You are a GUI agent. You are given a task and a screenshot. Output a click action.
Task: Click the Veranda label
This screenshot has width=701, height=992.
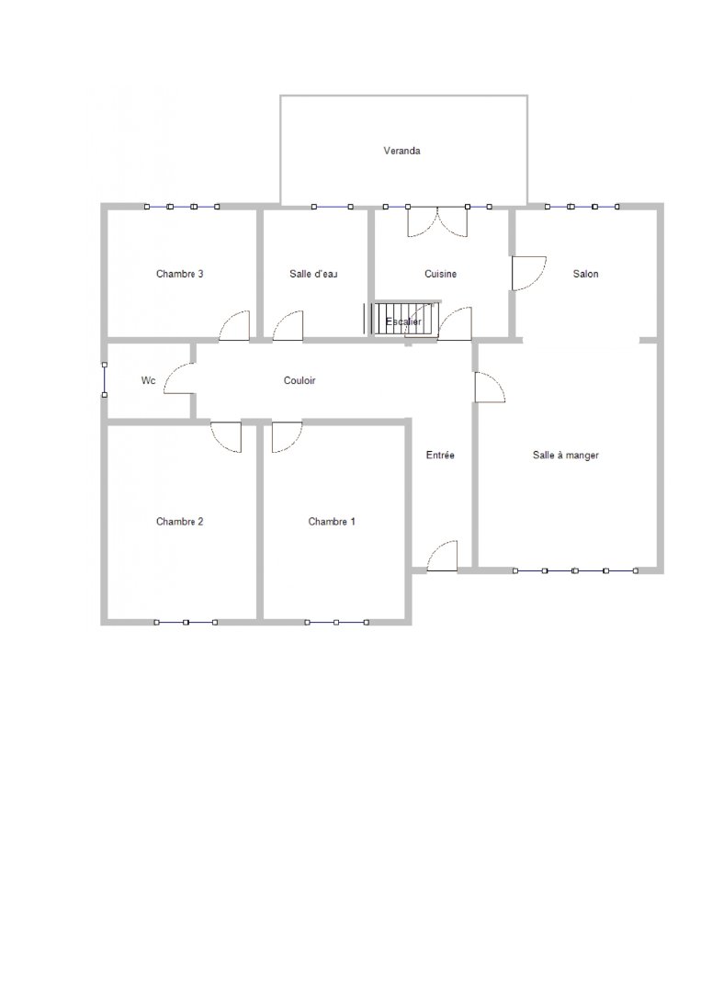coord(401,151)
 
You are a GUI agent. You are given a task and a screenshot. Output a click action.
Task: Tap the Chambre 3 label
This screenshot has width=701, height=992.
coord(180,274)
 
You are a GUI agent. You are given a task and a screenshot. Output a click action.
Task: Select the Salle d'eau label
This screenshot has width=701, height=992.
coord(313,274)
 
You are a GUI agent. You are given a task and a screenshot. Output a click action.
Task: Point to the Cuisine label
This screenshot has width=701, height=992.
coord(440,274)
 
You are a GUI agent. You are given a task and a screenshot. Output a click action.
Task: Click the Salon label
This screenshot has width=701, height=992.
coord(586,274)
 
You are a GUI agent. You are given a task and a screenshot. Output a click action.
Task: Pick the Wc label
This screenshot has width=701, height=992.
coord(148,380)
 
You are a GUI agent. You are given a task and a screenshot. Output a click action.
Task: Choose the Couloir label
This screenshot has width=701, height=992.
coord(300,380)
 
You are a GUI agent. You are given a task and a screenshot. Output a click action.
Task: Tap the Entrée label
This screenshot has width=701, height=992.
coord(440,455)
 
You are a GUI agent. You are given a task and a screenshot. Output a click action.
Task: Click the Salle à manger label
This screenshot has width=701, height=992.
coord(566,455)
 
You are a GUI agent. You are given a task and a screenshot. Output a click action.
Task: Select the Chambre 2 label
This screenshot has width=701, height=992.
coord(180,522)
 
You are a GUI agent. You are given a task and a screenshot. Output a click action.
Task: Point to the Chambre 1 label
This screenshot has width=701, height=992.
coord(332,522)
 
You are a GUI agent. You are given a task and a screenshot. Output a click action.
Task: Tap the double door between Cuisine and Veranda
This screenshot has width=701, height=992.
coord(437,222)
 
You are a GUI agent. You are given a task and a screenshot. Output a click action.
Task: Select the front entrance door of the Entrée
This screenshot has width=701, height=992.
coord(442,556)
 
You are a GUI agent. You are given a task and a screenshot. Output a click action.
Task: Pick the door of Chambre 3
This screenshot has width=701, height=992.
coord(234,326)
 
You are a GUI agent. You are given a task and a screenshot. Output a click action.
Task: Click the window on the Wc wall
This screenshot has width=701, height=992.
coord(105,379)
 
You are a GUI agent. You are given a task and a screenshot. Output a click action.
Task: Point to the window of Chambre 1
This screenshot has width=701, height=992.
coord(336,623)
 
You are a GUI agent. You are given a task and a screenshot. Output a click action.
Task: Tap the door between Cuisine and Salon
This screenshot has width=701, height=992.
coord(528,274)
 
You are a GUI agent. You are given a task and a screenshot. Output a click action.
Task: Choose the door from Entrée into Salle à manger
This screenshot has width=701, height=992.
coord(490,387)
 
